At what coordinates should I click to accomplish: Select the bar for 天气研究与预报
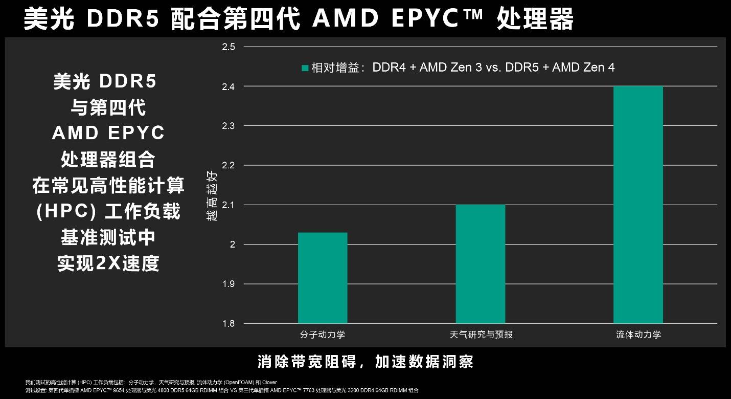pyautogui.click(x=481, y=264)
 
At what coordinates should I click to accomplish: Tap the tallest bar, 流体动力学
pyautogui.click(x=638, y=205)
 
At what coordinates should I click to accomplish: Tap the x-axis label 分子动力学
pyautogui.click(x=323, y=335)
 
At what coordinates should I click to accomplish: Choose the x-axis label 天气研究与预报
pyautogui.click(x=481, y=335)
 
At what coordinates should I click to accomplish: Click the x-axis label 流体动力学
pyautogui.click(x=638, y=335)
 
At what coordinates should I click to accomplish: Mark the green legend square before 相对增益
pyautogui.click(x=305, y=68)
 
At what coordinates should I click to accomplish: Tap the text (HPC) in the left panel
pyautogui.click(x=59, y=211)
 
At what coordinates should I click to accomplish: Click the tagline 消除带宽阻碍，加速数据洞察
pyautogui.click(x=365, y=362)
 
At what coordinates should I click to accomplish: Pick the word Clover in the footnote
pyautogui.click(x=269, y=382)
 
